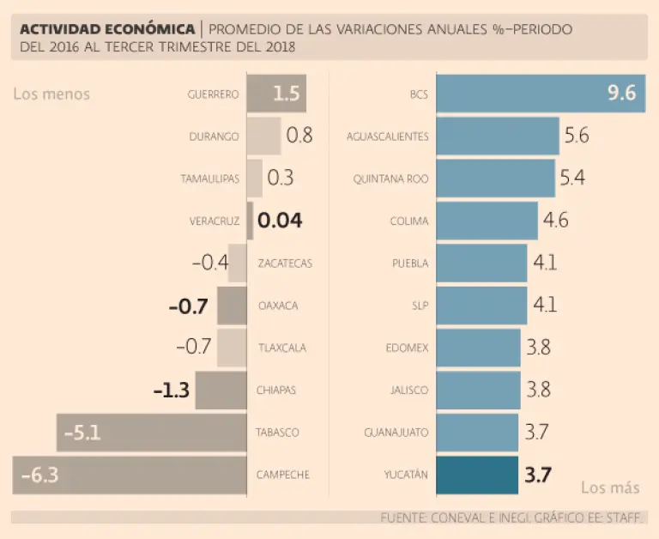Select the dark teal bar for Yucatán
477,475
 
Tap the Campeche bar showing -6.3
129,475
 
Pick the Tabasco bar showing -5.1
151,433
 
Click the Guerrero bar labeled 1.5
276,94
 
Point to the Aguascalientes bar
498,136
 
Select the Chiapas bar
221,391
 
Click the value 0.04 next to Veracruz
280,221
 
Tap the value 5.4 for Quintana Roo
572,179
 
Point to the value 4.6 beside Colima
555,221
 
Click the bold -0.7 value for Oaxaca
190,306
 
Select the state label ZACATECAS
285,263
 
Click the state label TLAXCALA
282,348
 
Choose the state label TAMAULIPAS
209,179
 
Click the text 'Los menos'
51,94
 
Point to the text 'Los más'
610,488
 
